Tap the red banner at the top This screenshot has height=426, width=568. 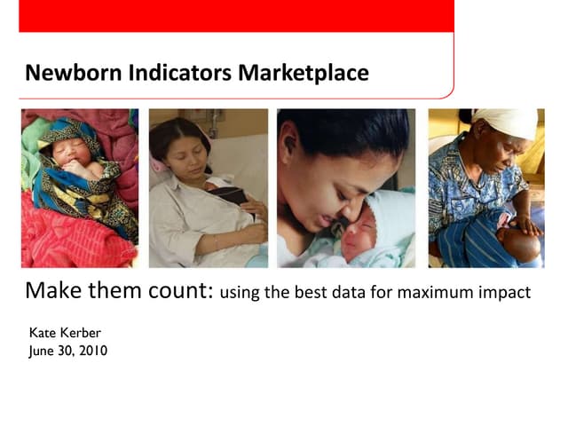point(235,16)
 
